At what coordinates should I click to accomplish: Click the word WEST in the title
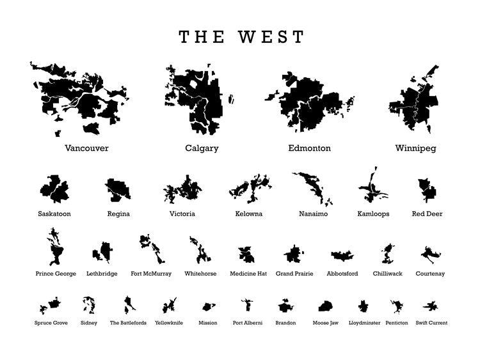pyautogui.click(x=271, y=37)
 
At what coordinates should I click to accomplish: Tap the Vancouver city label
pyautogui.click(x=86, y=148)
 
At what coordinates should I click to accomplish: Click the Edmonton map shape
pyautogui.click(x=310, y=106)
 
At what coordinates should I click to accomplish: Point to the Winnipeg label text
pyautogui.click(x=415, y=148)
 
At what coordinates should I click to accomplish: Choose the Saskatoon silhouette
pyautogui.click(x=54, y=189)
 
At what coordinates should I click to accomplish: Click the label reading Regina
pyautogui.click(x=118, y=214)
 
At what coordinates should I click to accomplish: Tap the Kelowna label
pyautogui.click(x=248, y=214)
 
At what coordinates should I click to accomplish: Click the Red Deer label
pyautogui.click(x=427, y=214)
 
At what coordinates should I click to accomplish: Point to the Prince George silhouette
pyautogui.click(x=55, y=249)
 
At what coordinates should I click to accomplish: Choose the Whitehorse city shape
pyautogui.click(x=200, y=251)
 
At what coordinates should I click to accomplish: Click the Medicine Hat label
pyautogui.click(x=248, y=274)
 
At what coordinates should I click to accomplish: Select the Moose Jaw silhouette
pyautogui.click(x=326, y=306)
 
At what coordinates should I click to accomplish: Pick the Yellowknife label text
pyautogui.click(x=169, y=323)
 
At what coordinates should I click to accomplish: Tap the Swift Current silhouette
pyautogui.click(x=431, y=306)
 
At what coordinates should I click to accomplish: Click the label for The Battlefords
pyautogui.click(x=128, y=323)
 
